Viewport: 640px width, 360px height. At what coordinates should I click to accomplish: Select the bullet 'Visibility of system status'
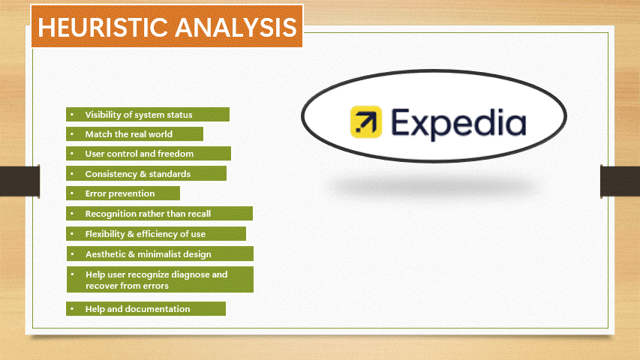(147, 115)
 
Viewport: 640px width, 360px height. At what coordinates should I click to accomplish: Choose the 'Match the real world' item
(134, 134)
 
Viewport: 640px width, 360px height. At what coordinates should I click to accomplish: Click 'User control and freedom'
(148, 154)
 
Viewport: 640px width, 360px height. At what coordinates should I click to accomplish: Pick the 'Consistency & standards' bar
(146, 174)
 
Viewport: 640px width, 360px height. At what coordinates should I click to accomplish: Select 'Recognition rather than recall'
(158, 214)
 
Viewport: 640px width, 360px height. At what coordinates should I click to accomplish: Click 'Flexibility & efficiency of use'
(155, 234)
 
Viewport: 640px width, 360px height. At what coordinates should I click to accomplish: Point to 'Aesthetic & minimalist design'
(160, 254)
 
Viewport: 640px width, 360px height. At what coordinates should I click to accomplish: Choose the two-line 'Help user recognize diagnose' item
(160, 280)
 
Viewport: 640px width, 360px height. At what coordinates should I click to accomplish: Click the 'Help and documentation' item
(146, 309)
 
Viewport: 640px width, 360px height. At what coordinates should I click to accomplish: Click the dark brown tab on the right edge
(620, 181)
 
